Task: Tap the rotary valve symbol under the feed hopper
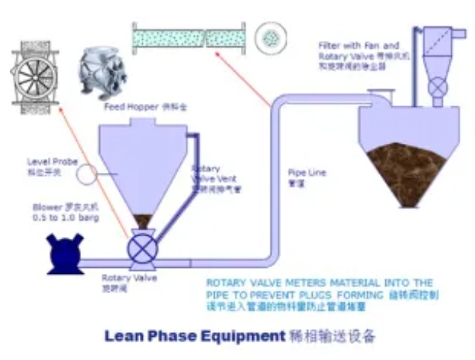click(x=141, y=249)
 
